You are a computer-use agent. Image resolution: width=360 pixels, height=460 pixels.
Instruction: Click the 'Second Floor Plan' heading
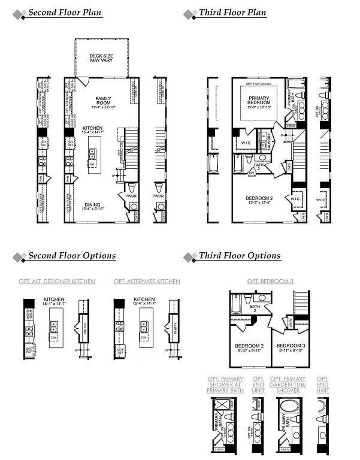(x=65, y=13)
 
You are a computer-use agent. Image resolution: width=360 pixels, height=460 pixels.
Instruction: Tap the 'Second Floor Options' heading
(x=72, y=256)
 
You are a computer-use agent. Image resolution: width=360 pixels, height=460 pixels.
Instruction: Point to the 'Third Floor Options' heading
(x=240, y=256)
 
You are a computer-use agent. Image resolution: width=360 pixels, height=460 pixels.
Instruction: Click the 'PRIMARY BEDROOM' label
(x=259, y=100)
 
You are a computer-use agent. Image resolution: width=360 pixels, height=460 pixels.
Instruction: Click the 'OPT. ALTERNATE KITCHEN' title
(x=147, y=282)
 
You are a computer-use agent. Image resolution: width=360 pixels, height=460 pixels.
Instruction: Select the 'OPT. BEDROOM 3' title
(x=270, y=282)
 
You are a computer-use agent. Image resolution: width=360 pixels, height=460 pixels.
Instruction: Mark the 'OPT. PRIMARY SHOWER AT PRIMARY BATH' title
(x=225, y=385)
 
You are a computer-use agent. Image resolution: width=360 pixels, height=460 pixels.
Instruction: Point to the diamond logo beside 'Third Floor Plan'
(x=190, y=13)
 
